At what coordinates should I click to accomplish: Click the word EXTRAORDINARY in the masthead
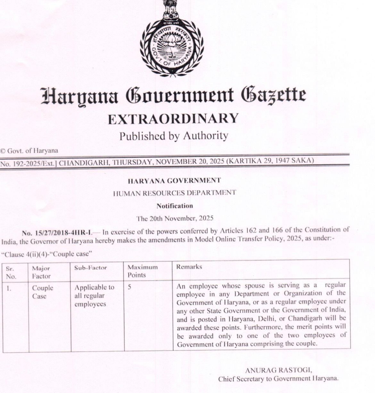(x=173, y=119)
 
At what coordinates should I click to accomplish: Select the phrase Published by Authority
(x=173, y=136)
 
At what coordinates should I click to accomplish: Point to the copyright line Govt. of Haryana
(x=29, y=151)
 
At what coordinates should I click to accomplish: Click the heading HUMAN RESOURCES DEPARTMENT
(x=174, y=193)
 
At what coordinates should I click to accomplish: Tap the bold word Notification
(x=175, y=206)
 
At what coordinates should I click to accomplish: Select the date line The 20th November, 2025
(x=175, y=218)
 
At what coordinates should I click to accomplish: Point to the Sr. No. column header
(x=11, y=272)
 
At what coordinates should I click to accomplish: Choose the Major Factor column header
(x=41, y=272)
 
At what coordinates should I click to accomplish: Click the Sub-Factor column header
(x=91, y=268)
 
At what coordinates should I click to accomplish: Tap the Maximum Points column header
(x=143, y=271)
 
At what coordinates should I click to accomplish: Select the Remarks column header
(x=189, y=267)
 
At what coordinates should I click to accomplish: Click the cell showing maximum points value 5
(x=129, y=287)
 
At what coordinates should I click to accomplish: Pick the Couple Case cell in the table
(x=43, y=292)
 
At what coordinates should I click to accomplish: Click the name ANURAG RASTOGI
(x=278, y=370)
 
